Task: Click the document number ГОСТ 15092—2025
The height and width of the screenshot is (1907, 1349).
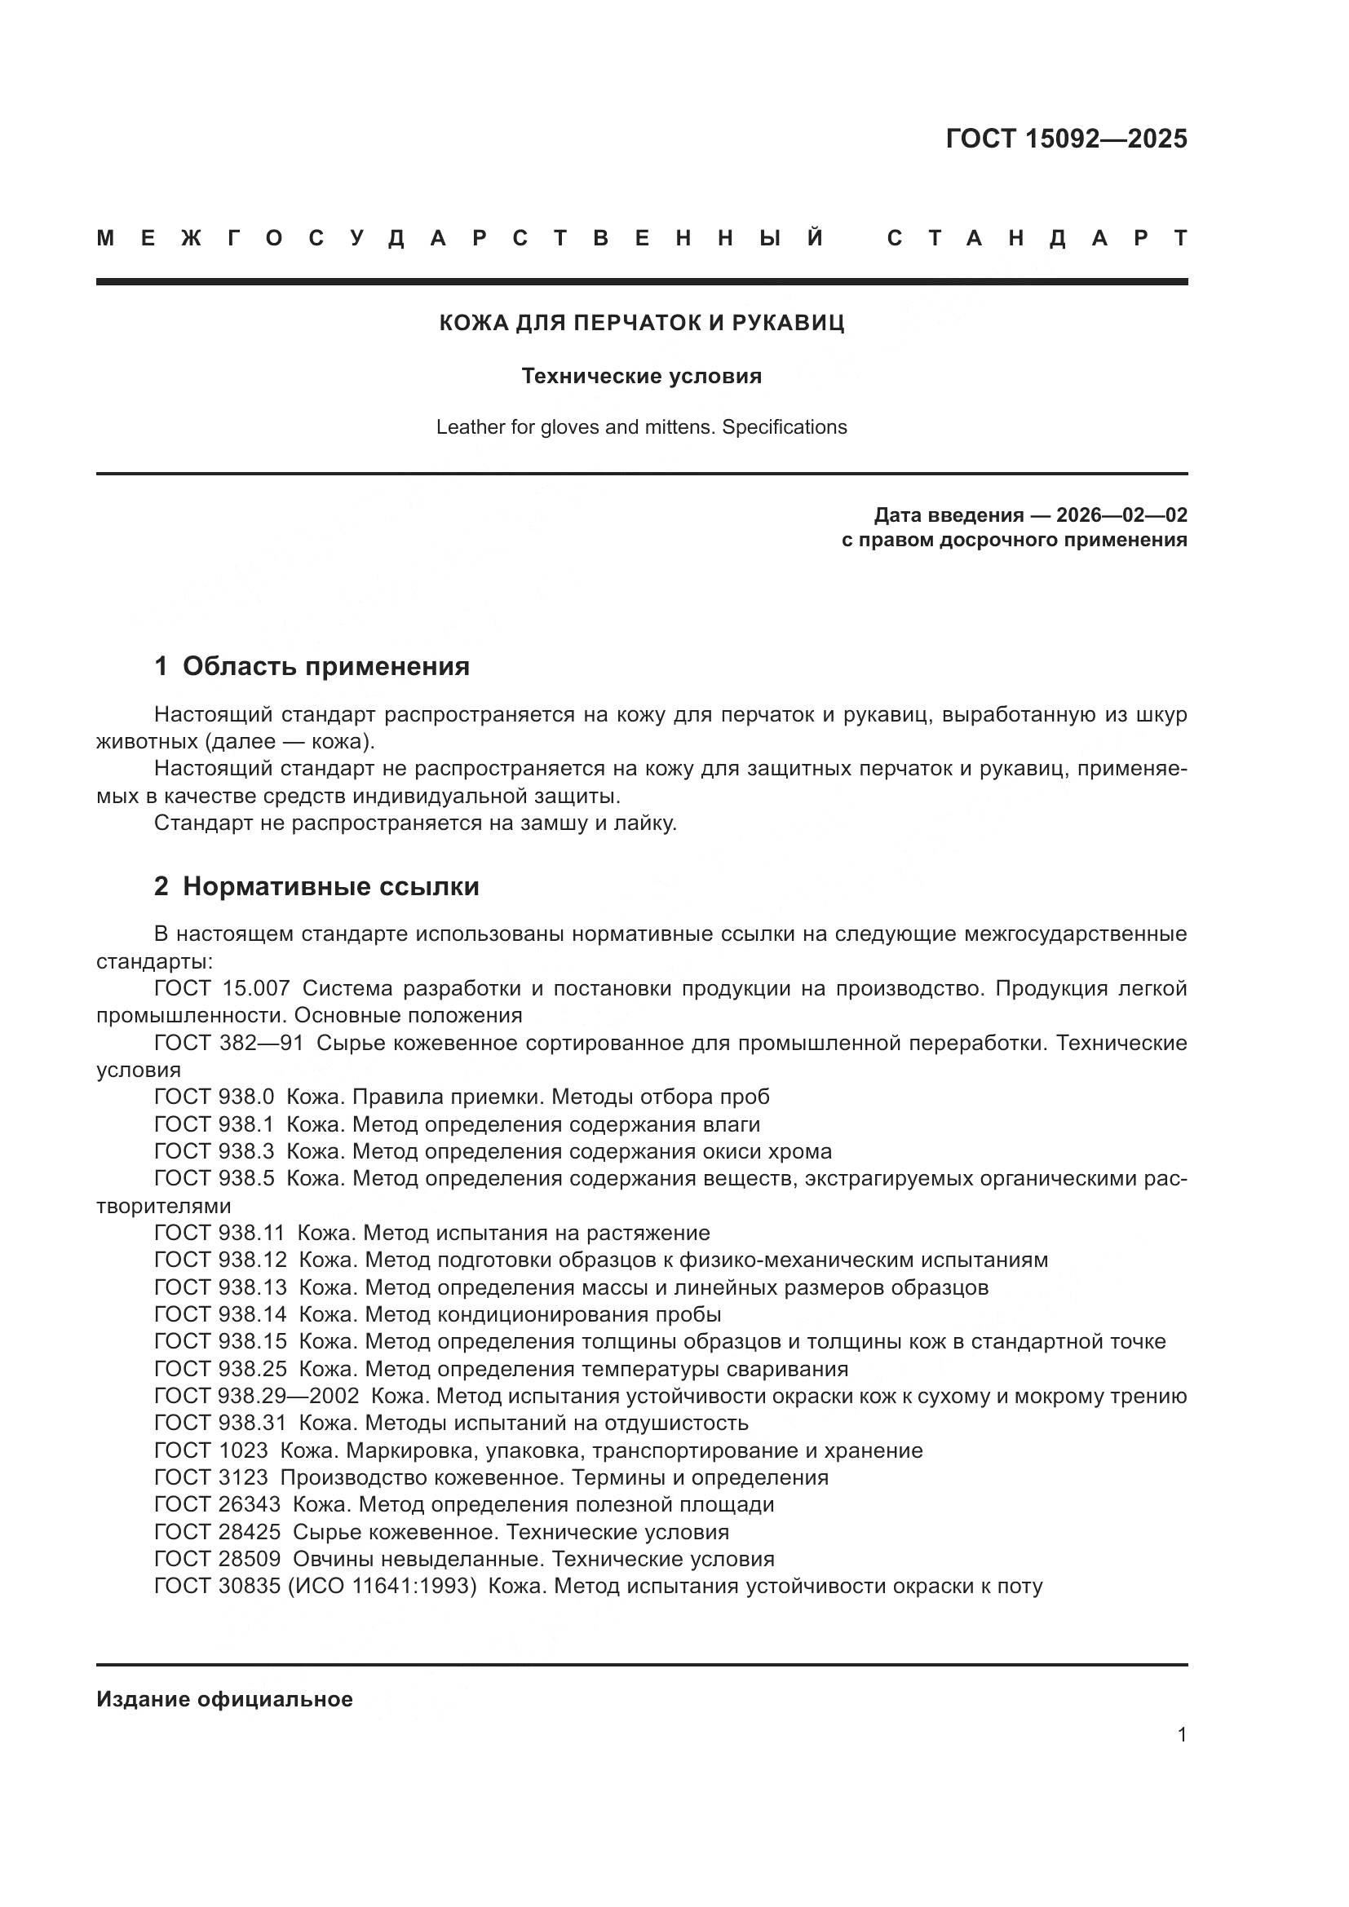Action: pos(1066,139)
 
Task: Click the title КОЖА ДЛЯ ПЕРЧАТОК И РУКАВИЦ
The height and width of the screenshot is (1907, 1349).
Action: pos(641,322)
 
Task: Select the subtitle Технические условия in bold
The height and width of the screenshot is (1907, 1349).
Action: pos(641,376)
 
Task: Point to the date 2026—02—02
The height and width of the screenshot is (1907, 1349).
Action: pos(1121,515)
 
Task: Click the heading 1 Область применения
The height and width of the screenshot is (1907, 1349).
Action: pos(312,666)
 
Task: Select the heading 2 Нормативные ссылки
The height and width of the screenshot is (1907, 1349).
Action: pos(316,886)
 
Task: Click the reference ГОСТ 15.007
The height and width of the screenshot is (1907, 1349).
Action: pos(222,988)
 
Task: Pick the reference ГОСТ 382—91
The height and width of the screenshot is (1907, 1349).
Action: pos(228,1044)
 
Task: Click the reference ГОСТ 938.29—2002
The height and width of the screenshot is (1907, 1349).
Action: pos(257,1396)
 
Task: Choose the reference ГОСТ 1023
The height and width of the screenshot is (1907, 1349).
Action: pos(211,1450)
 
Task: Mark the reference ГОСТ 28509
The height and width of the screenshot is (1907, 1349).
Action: pos(217,1559)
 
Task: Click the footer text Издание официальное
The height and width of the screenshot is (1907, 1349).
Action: pos(224,1699)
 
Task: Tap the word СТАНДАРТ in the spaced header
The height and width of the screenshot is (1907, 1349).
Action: pos(1037,239)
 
